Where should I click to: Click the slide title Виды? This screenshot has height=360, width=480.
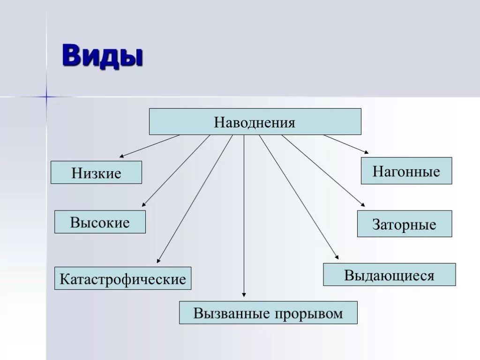click(x=103, y=56)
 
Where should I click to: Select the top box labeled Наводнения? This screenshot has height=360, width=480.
click(x=255, y=122)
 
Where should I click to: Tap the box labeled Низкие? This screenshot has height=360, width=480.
click(x=96, y=172)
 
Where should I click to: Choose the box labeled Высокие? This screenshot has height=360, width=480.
click(x=100, y=222)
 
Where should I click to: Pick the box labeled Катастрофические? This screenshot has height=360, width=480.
click(x=123, y=279)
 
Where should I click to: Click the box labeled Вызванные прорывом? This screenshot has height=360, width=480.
click(x=268, y=313)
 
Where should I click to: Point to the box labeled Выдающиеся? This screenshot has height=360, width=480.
click(x=389, y=275)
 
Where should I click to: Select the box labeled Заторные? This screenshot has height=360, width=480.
click(x=405, y=224)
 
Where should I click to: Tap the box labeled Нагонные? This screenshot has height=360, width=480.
click(x=406, y=171)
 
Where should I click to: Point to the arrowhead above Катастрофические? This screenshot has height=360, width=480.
click(x=158, y=260)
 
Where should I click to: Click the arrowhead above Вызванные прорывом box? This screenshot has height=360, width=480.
click(x=244, y=294)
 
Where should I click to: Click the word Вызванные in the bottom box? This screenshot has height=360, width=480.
click(x=226, y=313)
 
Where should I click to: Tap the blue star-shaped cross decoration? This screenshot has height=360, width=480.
click(x=46, y=97)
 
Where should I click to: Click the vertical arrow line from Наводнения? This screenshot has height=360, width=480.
click(x=244, y=211)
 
